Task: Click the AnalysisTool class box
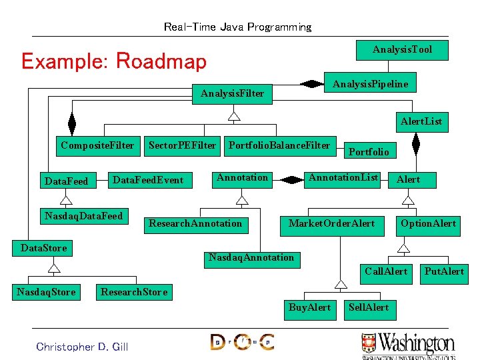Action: pyautogui.click(x=402, y=50)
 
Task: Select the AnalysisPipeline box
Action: pyautogui.click(x=370, y=84)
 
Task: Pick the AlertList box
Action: pyautogui.click(x=421, y=122)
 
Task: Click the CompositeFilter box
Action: pyautogui.click(x=97, y=145)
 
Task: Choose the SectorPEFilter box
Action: pyautogui.click(x=182, y=145)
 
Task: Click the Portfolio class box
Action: pyautogui.click(x=369, y=152)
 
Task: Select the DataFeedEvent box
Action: pyautogui.click(x=148, y=180)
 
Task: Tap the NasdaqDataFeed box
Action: pyautogui.click(x=83, y=216)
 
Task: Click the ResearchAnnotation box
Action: pyautogui.click(x=195, y=223)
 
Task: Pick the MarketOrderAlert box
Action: pyautogui.click(x=331, y=223)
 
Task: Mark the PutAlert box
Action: pyautogui.click(x=444, y=271)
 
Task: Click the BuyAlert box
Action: pyautogui.click(x=309, y=308)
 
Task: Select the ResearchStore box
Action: pyautogui.click(x=133, y=292)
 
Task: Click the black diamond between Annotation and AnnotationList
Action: pyautogui.click(x=291, y=179)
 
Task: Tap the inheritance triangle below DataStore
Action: pyautogui.click(x=54, y=267)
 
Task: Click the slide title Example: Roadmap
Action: pyautogui.click(x=114, y=61)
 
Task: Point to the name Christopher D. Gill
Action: pyautogui.click(x=82, y=347)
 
